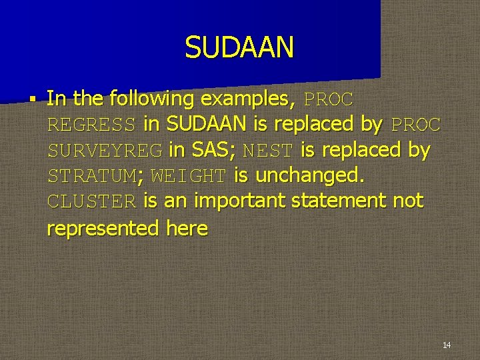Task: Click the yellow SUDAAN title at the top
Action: [239, 47]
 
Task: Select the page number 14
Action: [446, 345]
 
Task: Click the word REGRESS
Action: [92, 125]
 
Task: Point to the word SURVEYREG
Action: [105, 151]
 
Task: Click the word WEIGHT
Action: [189, 177]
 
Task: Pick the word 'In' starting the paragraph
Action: [57, 99]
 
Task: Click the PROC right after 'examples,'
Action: [329, 99]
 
